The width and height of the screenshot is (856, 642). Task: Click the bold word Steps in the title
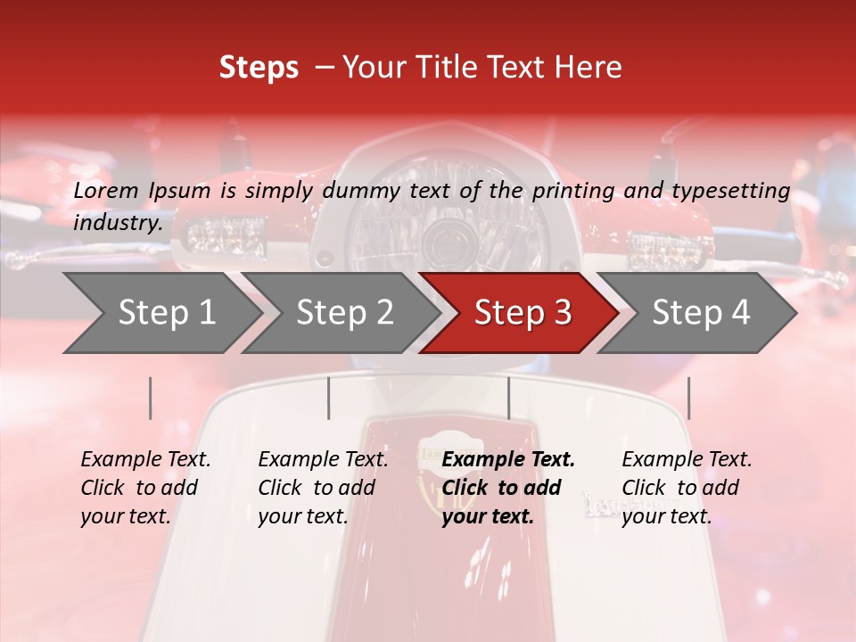pyautogui.click(x=259, y=68)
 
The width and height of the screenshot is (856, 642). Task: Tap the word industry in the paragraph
pyautogui.click(x=117, y=223)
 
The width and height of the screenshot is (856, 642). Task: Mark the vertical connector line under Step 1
pyautogui.click(x=151, y=398)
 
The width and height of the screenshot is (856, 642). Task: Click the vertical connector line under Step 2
pyautogui.click(x=329, y=398)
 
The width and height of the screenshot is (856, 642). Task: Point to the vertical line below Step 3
pyautogui.click(x=509, y=398)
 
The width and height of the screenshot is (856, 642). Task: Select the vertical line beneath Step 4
pyautogui.click(x=689, y=398)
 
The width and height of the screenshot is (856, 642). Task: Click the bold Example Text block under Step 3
pyautogui.click(x=508, y=488)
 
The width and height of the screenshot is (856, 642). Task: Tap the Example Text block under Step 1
pyautogui.click(x=145, y=488)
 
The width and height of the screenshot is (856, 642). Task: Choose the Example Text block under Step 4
pyautogui.click(x=687, y=488)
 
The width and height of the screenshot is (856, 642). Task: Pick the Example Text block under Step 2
pyautogui.click(x=323, y=488)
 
